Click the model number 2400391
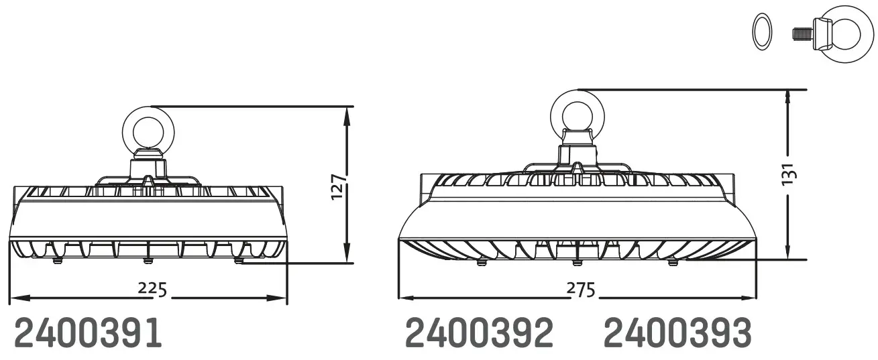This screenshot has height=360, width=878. [x=88, y=333]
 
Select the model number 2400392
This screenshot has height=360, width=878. [x=480, y=333]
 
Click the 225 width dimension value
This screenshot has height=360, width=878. [x=152, y=288]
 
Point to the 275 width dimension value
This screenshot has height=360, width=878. [x=580, y=290]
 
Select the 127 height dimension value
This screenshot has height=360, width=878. [x=339, y=186]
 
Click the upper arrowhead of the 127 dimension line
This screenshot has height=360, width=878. [x=346, y=114]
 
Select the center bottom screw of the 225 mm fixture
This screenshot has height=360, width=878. [x=147, y=260]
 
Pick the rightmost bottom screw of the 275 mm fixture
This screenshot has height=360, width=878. [x=672, y=263]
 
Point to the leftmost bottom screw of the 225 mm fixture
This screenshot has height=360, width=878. [x=56, y=259]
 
